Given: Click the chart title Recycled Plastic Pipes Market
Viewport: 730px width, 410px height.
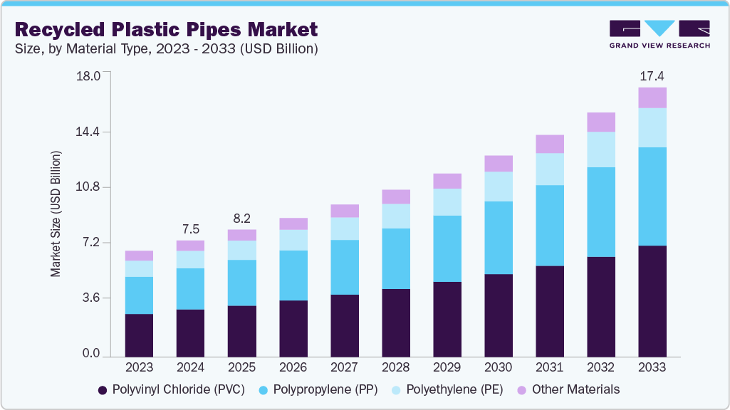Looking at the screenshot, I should (166, 29).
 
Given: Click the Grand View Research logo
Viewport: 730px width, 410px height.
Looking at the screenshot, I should (659, 34).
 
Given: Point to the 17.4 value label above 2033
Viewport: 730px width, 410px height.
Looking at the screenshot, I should (652, 76).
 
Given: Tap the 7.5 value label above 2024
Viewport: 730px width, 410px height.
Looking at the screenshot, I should (190, 229).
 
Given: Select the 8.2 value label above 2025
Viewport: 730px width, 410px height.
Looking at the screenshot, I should (241, 219).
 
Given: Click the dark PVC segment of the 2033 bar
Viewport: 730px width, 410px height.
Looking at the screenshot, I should (652, 301).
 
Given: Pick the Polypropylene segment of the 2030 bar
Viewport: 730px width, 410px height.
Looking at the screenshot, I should (498, 238).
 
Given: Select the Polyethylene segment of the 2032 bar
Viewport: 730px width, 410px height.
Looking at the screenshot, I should (600, 149).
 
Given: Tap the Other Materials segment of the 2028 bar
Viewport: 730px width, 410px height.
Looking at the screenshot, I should (395, 197).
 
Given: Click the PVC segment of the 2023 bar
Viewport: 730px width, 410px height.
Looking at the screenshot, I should (139, 335).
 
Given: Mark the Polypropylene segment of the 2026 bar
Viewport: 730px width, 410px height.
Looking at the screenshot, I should (293, 275).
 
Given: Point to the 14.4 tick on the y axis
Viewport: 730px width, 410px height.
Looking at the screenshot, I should (89, 132).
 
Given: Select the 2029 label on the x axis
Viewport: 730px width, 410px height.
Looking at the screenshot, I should (447, 367).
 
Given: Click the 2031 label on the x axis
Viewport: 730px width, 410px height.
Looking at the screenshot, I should (549, 367).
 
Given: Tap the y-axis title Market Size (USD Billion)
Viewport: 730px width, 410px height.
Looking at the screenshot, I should (56, 214).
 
